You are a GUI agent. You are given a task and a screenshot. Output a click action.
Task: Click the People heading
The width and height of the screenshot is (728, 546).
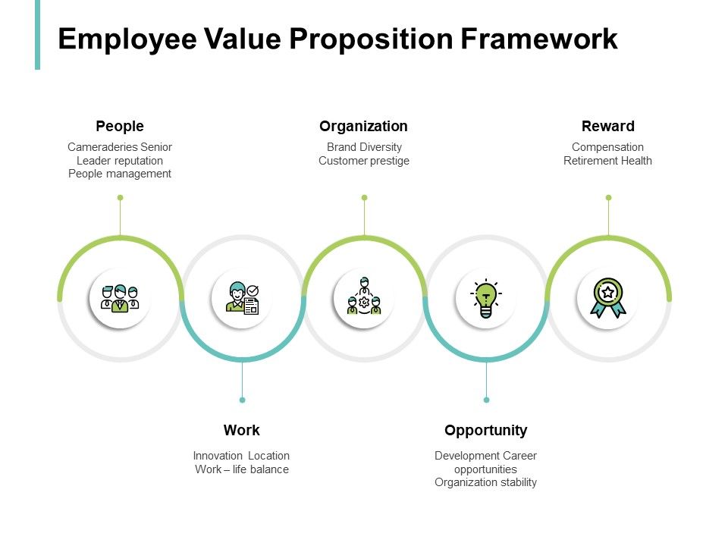point(120,127)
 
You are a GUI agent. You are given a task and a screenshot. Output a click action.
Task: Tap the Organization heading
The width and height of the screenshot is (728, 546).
point(363,127)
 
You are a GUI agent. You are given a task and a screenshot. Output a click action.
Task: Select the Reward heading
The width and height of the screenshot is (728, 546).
point(607,127)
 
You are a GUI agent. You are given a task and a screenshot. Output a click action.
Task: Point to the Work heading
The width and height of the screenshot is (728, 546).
point(242,431)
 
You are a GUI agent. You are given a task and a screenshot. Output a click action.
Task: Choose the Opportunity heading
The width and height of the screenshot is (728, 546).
point(485,431)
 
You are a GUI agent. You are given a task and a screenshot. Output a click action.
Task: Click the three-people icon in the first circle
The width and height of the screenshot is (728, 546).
point(120,298)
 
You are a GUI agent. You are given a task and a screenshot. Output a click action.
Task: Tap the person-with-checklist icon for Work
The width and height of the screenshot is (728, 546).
point(242,298)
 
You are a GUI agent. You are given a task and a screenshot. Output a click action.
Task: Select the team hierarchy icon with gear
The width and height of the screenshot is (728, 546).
point(364,298)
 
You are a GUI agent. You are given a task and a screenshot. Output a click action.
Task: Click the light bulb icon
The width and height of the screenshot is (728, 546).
point(485,298)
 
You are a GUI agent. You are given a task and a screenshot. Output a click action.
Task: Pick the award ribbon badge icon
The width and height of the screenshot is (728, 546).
point(607,298)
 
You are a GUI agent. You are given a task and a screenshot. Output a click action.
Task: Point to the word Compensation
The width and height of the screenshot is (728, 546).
point(607,147)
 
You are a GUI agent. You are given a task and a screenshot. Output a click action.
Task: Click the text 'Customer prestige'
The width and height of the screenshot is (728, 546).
point(364,161)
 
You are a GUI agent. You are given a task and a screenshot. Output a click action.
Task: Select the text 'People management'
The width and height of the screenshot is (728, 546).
point(120,174)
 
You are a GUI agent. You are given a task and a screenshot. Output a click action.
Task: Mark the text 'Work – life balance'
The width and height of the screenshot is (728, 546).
point(242,469)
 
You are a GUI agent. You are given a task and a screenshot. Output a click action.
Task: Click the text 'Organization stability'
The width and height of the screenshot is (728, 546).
point(485,482)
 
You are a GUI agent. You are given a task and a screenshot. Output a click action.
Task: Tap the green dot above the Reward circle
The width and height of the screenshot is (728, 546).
point(608,198)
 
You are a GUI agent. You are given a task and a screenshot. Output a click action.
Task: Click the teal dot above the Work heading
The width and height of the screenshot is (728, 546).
point(242,400)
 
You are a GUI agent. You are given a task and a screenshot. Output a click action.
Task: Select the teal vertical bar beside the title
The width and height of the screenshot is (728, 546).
point(37,35)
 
